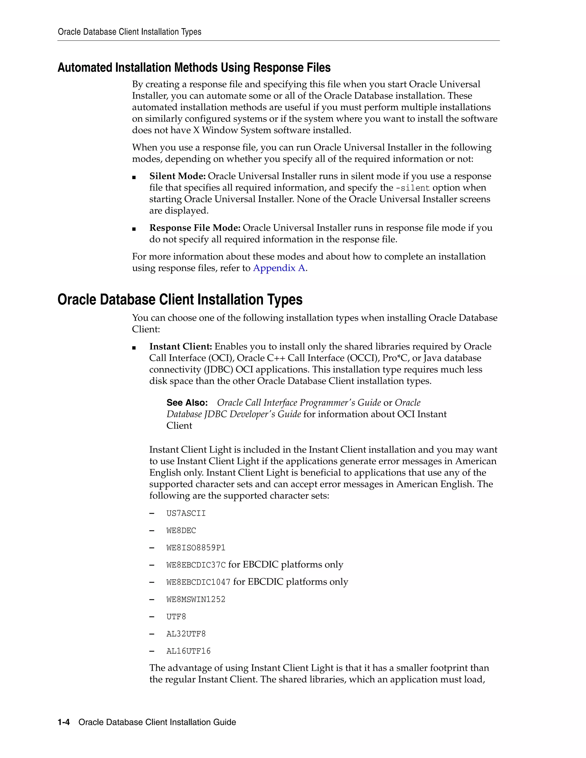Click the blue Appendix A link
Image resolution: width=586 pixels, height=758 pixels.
(x=279, y=268)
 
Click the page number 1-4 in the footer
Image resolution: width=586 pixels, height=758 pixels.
(x=64, y=722)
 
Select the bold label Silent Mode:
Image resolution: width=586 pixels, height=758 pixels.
(x=177, y=176)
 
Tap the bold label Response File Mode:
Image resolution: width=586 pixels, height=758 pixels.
(x=195, y=228)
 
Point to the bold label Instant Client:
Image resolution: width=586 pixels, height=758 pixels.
(x=181, y=347)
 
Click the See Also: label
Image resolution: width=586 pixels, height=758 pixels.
(x=187, y=403)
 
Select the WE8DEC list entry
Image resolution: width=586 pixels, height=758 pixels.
(x=181, y=531)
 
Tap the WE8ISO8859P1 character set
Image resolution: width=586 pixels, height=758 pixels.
(x=196, y=548)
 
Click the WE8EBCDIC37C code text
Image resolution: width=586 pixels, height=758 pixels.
(x=196, y=565)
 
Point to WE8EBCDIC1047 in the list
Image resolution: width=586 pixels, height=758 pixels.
(x=198, y=582)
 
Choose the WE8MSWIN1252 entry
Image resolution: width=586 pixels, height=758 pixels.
(x=196, y=599)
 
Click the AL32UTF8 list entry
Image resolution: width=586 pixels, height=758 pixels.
(x=186, y=634)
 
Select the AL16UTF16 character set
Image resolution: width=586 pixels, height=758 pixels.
(x=189, y=651)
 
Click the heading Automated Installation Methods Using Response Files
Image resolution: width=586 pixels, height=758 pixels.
(x=194, y=68)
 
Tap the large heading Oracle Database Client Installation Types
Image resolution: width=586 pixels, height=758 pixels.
(x=180, y=299)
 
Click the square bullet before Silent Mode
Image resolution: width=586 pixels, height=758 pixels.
(x=134, y=177)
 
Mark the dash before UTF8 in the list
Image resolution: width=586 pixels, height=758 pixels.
(x=152, y=617)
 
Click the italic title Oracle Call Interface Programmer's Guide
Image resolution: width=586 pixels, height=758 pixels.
(x=299, y=403)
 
